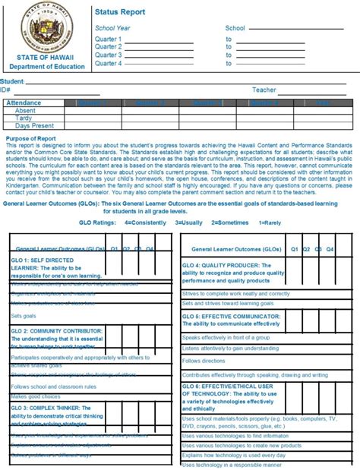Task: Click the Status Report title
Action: tap(120, 12)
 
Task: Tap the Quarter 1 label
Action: tap(108, 38)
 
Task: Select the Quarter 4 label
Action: tap(108, 63)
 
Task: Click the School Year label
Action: tap(113, 27)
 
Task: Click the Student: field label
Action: tap(13, 80)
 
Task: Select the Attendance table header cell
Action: tap(24, 102)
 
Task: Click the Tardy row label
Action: tap(24, 118)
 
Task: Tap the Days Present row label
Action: tap(34, 126)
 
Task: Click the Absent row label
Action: tap(25, 110)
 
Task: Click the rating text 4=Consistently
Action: tap(148, 223)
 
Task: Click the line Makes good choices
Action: tap(36, 397)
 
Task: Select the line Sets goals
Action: tap(23, 315)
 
